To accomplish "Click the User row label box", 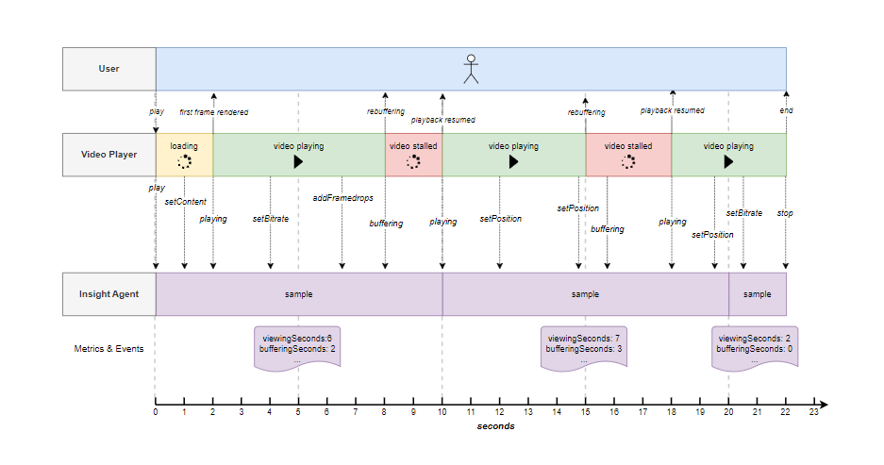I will tap(109, 69).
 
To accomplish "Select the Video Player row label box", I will tap(109, 155).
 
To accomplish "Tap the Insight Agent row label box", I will tap(109, 294).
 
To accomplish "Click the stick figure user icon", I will tap(471, 69).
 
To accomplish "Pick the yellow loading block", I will tap(184, 155).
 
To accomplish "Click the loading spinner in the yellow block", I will tap(184, 162).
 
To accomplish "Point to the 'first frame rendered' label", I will tap(214, 112).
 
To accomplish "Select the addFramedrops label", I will tap(342, 198).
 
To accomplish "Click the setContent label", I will tap(185, 202).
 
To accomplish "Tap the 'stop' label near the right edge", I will tap(785, 214).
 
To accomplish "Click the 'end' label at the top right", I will tap(786, 110).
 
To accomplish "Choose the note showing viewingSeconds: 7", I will tap(584, 348).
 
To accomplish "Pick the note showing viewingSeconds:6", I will tap(298, 348).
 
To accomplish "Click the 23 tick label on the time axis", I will tap(813, 412).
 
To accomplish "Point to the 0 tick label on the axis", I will tap(156, 412).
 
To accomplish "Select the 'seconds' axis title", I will tap(495, 426).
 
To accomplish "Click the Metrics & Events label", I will tap(109, 348).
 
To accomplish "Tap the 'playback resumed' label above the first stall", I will tap(442, 121).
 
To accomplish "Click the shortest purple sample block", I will tap(757, 294).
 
